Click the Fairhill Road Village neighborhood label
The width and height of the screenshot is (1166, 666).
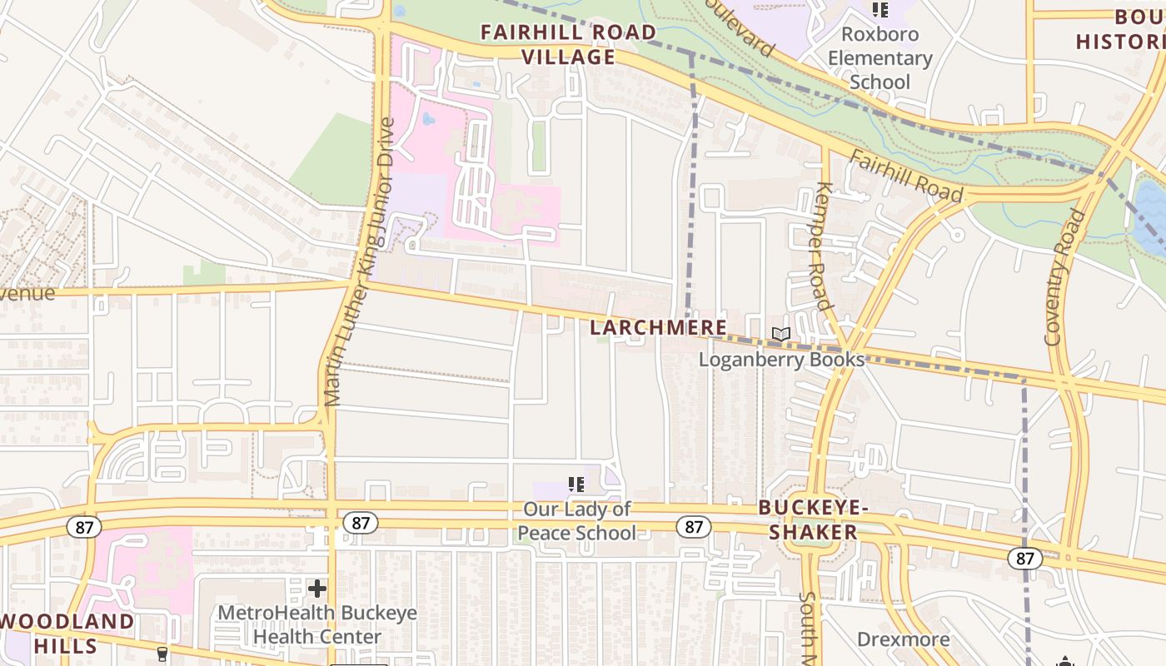(x=568, y=44)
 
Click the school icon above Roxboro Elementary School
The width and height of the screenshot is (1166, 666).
(x=879, y=10)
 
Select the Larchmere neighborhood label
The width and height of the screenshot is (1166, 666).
(x=658, y=328)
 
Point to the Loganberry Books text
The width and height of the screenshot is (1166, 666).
(x=781, y=360)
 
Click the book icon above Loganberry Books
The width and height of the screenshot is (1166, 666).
(x=780, y=335)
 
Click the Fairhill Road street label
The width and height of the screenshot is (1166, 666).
(x=906, y=177)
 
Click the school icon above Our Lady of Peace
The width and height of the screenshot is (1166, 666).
(x=576, y=484)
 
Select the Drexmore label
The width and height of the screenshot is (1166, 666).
(x=903, y=639)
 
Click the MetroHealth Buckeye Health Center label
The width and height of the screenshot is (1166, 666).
(x=316, y=624)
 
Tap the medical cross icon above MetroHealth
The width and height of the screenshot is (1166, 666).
(x=317, y=589)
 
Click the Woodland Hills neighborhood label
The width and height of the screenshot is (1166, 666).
(x=67, y=633)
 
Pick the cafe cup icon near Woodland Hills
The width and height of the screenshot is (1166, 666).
(x=162, y=654)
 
